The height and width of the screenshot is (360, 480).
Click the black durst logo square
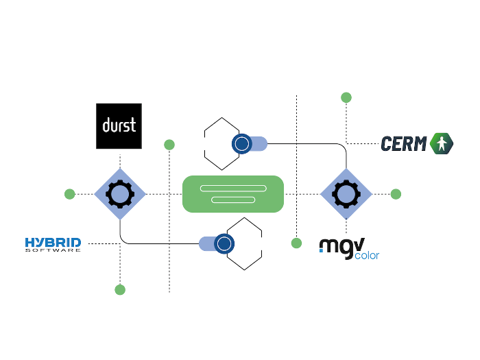pyautogui.click(x=119, y=126)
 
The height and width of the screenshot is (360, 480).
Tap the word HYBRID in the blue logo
pyautogui.click(x=53, y=242)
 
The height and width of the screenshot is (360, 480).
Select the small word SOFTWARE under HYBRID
pyautogui.click(x=53, y=250)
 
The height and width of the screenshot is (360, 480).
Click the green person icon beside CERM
pyautogui.click(x=442, y=143)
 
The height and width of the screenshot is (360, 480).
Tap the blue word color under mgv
pyautogui.click(x=368, y=256)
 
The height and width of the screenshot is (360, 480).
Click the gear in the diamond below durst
pyautogui.click(x=120, y=194)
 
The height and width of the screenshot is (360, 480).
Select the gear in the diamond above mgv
pyautogui.click(x=346, y=194)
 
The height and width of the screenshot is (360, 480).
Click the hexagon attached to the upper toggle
pyautogui.click(x=221, y=143)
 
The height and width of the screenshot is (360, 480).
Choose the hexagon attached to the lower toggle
pyautogui.click(x=245, y=243)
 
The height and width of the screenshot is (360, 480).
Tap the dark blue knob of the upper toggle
pyautogui.click(x=241, y=143)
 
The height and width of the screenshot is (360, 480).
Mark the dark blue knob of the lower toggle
pyautogui.click(x=224, y=243)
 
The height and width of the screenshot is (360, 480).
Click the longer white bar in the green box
pyautogui.click(x=233, y=188)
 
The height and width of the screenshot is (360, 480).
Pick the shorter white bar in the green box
pyautogui.click(x=233, y=200)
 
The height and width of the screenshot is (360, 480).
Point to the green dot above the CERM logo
pyautogui.click(x=346, y=97)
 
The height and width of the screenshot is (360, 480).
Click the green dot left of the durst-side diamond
pyautogui.click(x=69, y=194)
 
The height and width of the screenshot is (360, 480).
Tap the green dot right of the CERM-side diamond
pyautogui.click(x=396, y=194)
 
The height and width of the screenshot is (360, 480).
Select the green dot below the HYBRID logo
pyautogui.click(x=120, y=289)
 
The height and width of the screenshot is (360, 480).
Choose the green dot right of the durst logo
pyautogui.click(x=169, y=145)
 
